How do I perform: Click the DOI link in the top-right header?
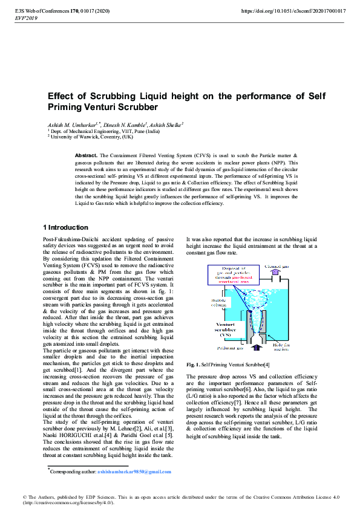tap(293, 11)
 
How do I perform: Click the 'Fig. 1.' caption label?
tap(193, 365)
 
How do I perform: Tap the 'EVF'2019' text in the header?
tap(22, 19)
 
